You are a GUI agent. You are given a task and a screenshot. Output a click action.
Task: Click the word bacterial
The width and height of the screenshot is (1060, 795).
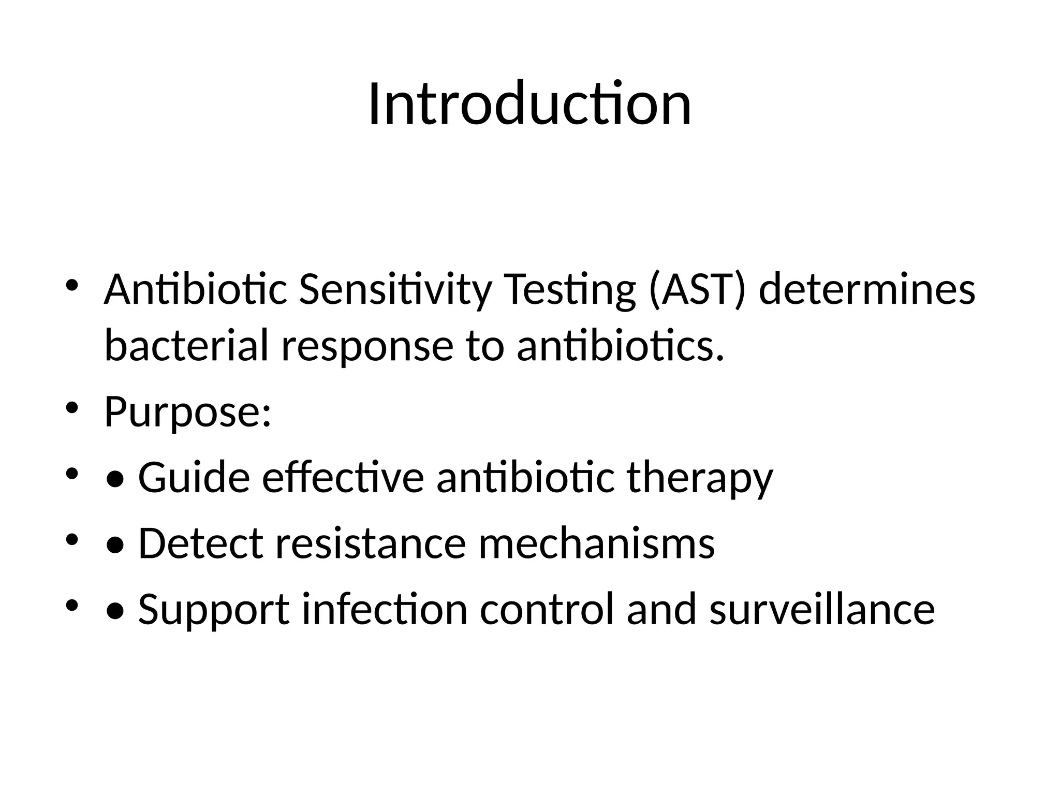coord(186,346)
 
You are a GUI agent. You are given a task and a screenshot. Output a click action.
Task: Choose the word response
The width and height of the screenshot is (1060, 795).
coord(367,346)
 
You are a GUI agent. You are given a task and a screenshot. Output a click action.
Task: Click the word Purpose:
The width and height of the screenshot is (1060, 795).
coord(187,412)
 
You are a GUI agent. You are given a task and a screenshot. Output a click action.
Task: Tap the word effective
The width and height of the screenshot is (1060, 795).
coord(343,478)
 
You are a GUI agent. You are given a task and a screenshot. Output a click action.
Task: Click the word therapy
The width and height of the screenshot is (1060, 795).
coord(700,478)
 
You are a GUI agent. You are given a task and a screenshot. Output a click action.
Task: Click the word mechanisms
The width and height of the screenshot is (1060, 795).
coord(596,543)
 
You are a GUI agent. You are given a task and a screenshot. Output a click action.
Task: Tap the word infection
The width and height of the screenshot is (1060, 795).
coord(385,609)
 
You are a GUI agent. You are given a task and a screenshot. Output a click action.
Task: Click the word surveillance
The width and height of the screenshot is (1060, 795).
coord(822,609)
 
